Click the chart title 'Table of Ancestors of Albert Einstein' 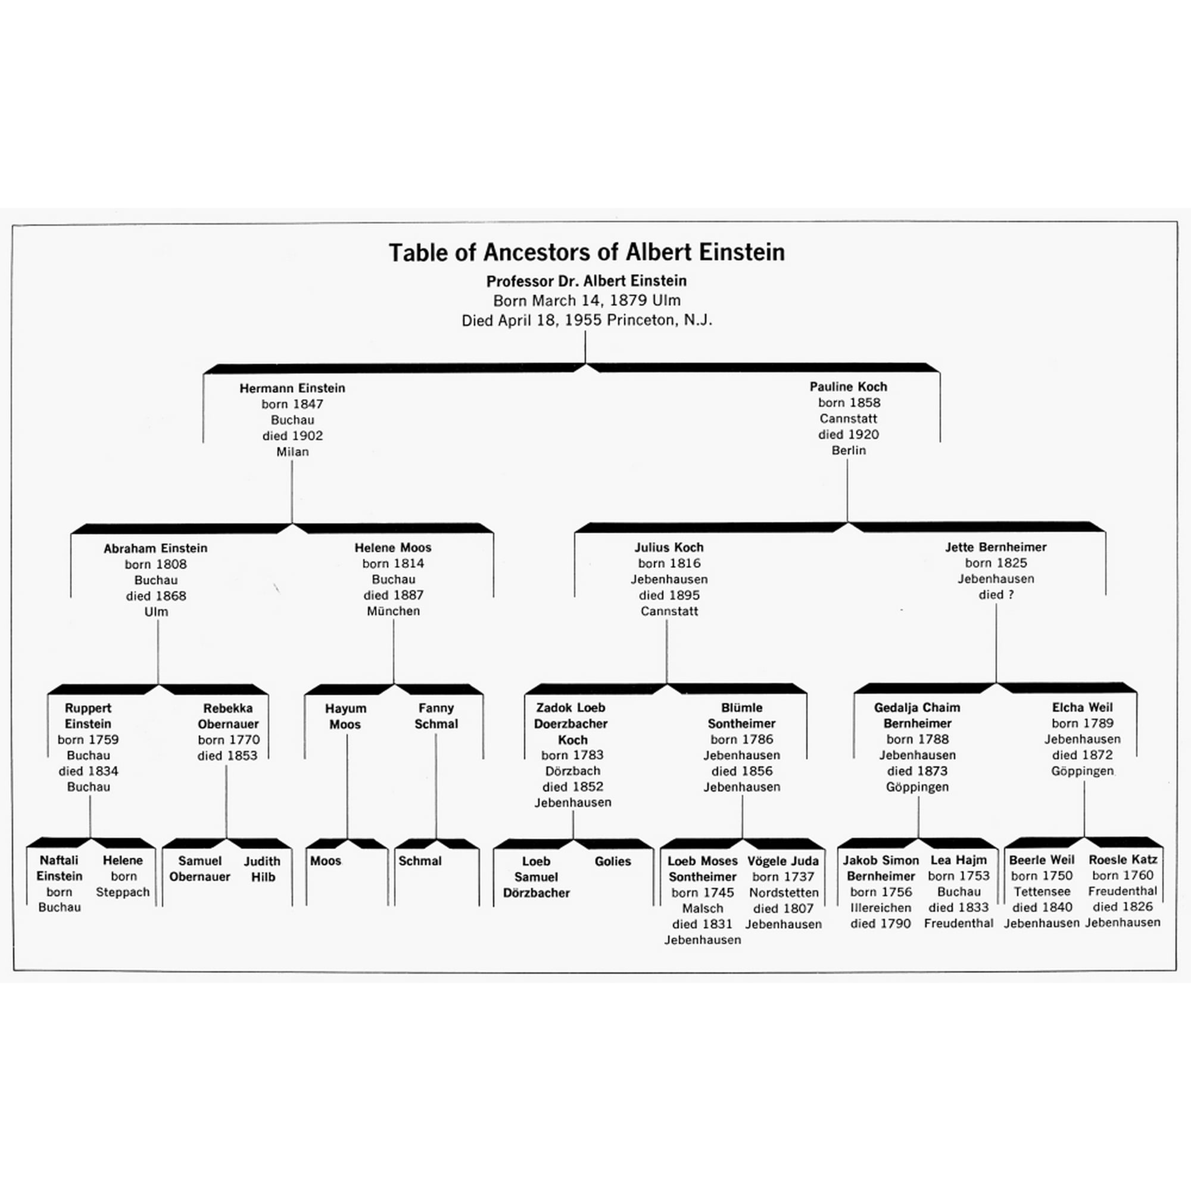(586, 252)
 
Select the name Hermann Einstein (292, 388)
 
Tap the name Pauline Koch (848, 386)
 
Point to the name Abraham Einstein (155, 548)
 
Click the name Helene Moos (392, 547)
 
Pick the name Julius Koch (669, 547)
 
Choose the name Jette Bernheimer (996, 547)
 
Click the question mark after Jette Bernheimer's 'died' (1011, 595)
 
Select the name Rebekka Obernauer (228, 716)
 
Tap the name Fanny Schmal (436, 716)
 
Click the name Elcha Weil (1083, 707)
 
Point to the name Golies (613, 861)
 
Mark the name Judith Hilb (262, 869)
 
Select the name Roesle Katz (1123, 859)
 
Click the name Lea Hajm (959, 860)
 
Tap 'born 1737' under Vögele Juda (783, 877)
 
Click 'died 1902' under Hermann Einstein (292, 436)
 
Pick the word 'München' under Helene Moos (393, 611)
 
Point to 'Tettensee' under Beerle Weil (1042, 891)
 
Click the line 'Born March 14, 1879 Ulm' (586, 301)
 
